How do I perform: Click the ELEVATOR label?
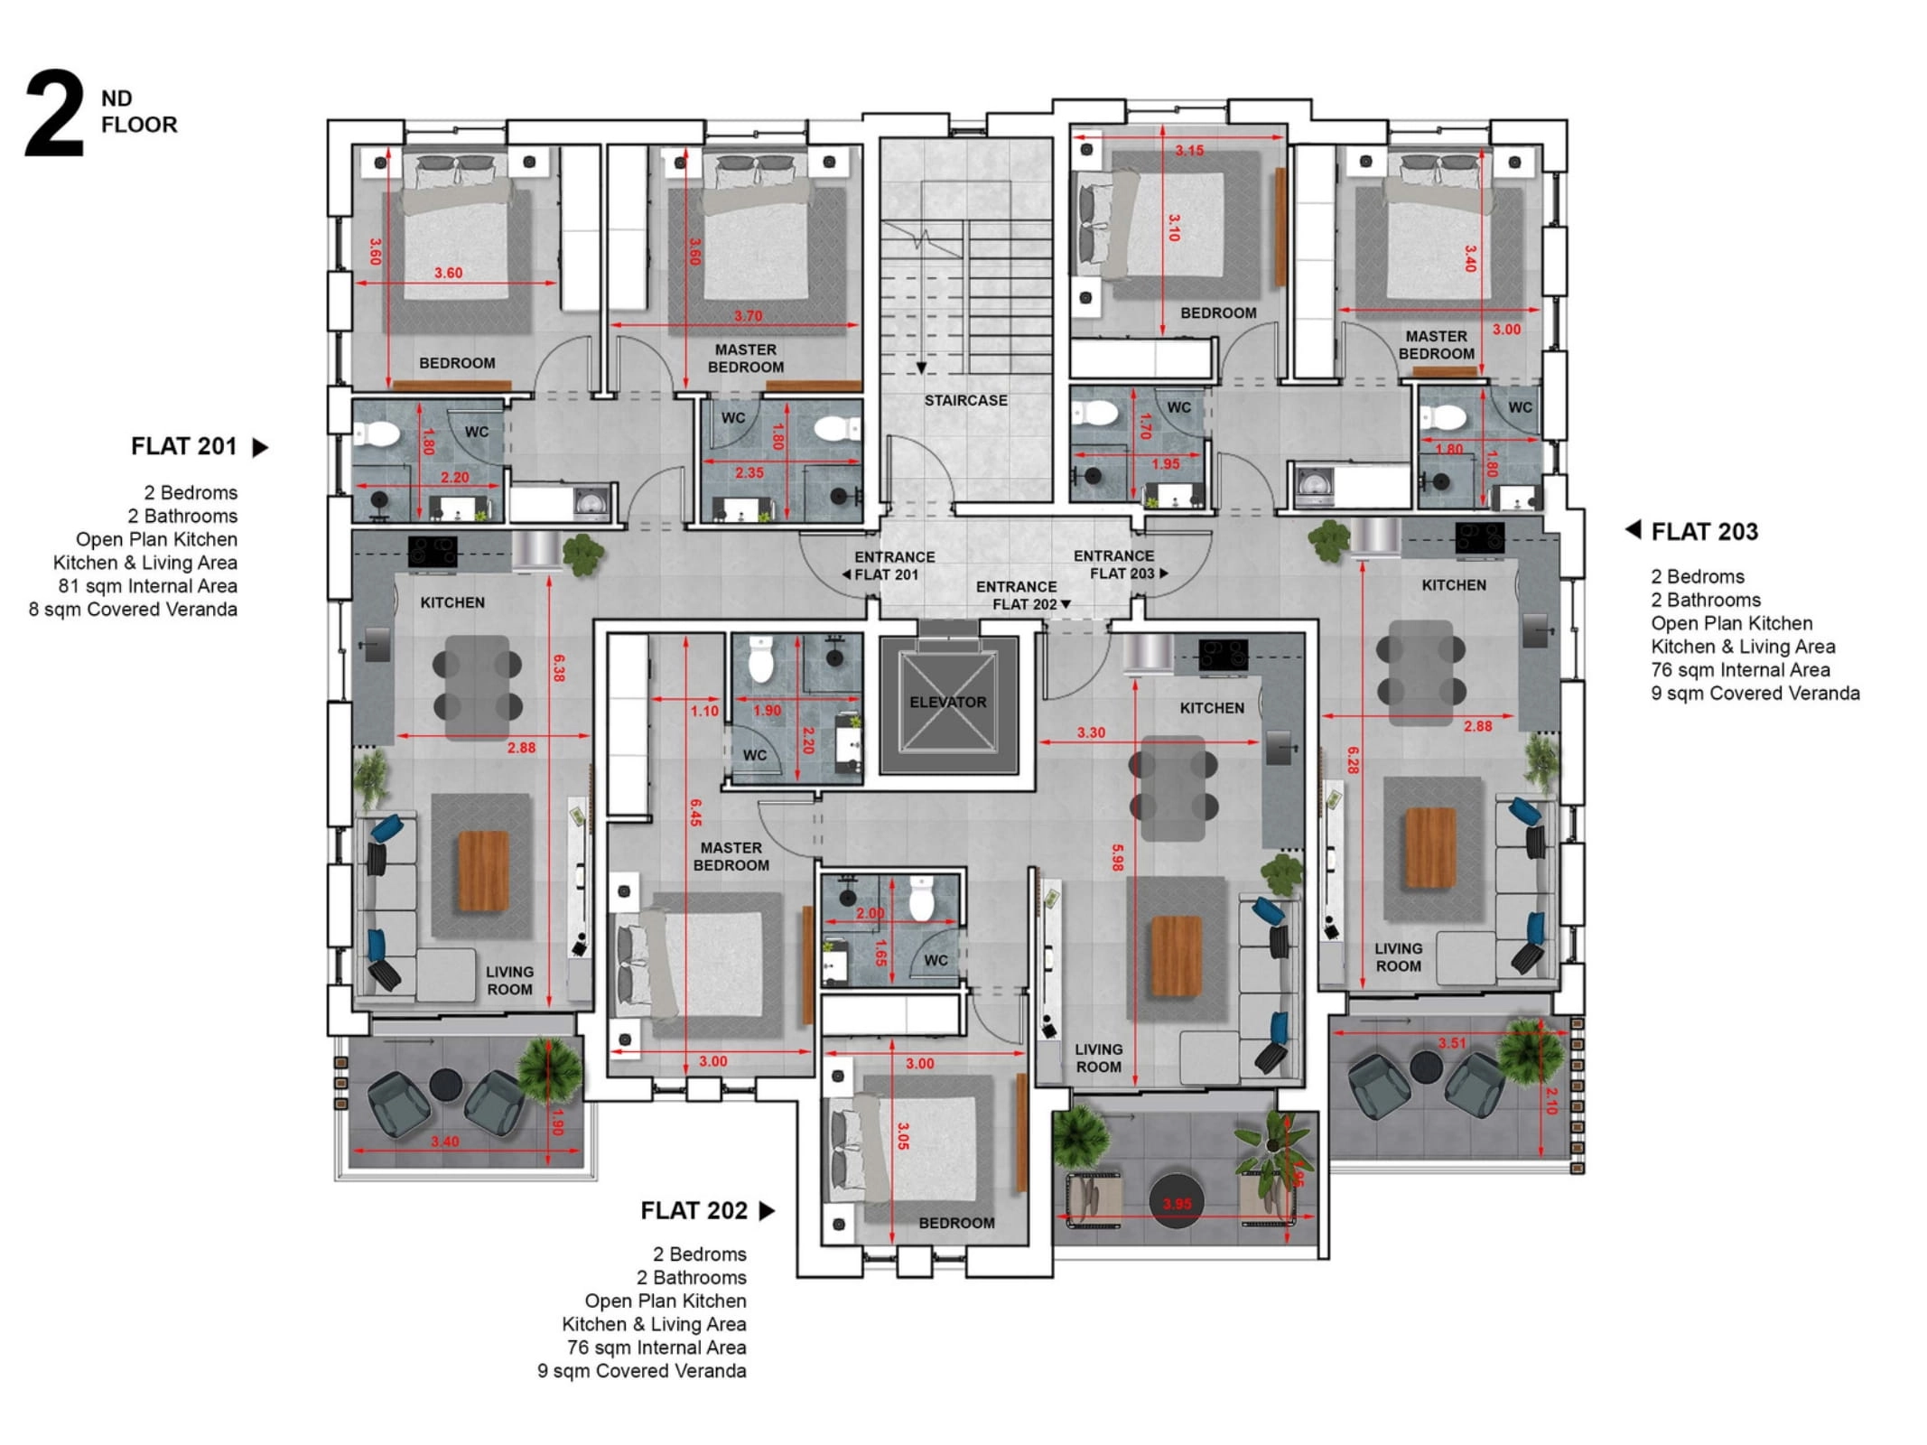click(947, 702)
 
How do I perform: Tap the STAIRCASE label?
click(965, 400)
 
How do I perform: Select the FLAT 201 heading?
click(184, 446)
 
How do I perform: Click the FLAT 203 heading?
click(1704, 532)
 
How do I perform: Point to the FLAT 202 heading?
click(694, 1210)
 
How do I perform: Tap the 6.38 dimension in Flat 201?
click(559, 668)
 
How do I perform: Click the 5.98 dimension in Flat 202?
click(1117, 858)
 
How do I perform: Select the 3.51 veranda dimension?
click(1452, 1043)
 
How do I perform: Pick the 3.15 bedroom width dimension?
click(1189, 151)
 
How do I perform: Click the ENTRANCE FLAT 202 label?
click(1017, 595)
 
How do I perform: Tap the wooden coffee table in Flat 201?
click(484, 871)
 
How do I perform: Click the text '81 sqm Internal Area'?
click(148, 586)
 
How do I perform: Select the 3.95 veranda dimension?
click(1177, 1204)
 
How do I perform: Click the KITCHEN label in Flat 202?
click(1212, 708)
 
